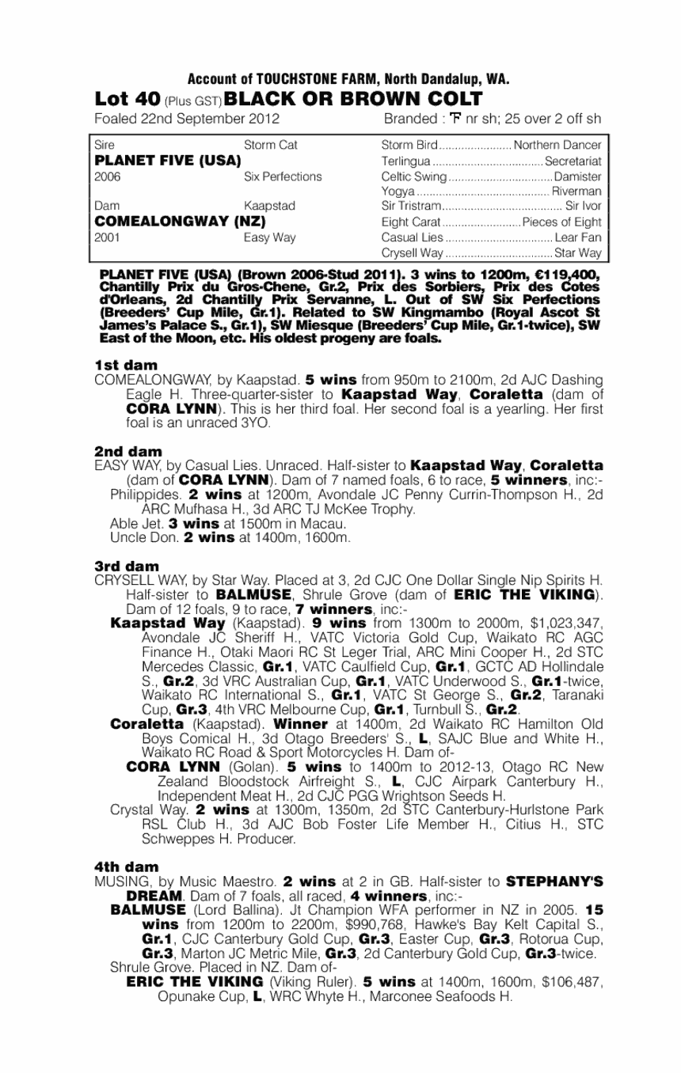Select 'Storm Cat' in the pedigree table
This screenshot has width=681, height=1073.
click(x=271, y=146)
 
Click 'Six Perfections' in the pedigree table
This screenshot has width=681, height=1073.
click(x=283, y=176)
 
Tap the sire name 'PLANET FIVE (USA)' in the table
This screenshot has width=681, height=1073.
click(x=167, y=161)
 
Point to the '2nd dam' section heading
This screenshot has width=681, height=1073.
click(x=127, y=451)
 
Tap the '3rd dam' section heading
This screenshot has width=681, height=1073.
click(x=127, y=567)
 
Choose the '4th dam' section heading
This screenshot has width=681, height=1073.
click(x=127, y=866)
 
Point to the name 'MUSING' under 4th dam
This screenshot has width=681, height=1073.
click(x=116, y=881)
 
